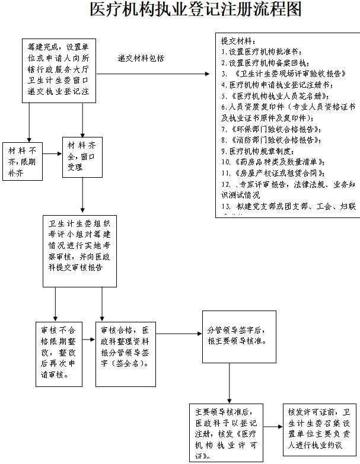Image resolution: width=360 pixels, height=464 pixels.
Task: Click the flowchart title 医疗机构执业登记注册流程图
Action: click(x=195, y=10)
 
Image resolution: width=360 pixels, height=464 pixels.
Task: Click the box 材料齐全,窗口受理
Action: click(x=82, y=156)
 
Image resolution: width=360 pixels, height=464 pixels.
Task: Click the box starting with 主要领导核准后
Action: click(x=225, y=432)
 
